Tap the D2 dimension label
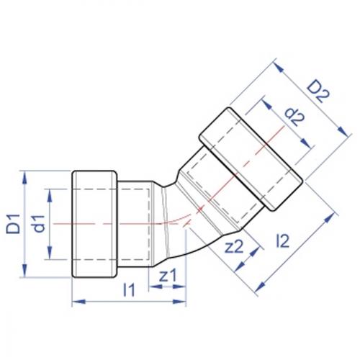tap(319, 92)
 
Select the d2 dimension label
tap(294, 117)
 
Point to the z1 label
tap(168, 275)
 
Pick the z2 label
tap(234, 246)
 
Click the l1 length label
tap(129, 289)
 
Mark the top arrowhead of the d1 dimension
tap(50, 196)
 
